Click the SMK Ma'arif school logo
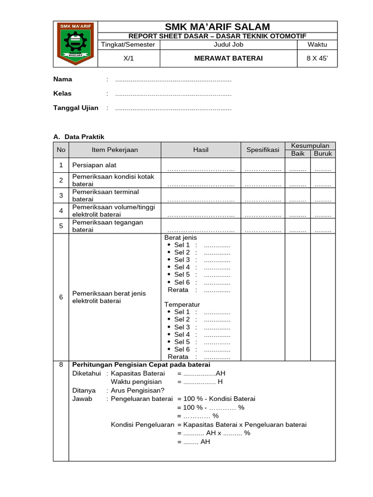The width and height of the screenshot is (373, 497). click(75, 44)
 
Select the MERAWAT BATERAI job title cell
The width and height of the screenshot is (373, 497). click(228, 58)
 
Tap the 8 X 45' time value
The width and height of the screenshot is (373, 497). click(317, 58)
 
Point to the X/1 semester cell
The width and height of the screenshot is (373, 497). click(129, 58)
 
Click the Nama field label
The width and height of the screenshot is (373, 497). click(63, 79)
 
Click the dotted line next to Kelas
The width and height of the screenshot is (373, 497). click(173, 94)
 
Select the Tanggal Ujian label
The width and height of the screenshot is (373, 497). click(75, 108)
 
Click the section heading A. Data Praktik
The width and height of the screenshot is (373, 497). click(79, 137)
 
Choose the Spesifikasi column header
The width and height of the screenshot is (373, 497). click(263, 150)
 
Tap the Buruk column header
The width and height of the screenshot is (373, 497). click(323, 153)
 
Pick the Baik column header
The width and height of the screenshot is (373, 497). click(298, 153)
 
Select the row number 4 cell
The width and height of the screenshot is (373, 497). click(61, 211)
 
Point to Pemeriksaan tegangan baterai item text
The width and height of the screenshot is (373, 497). click(107, 226)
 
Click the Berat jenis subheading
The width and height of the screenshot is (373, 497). click(181, 238)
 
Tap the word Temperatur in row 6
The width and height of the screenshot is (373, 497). click(182, 304)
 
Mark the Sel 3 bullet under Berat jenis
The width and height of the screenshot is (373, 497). click(182, 260)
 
